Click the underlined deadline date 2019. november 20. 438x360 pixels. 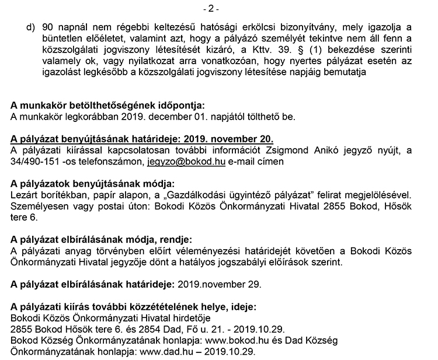(x=229, y=139)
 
